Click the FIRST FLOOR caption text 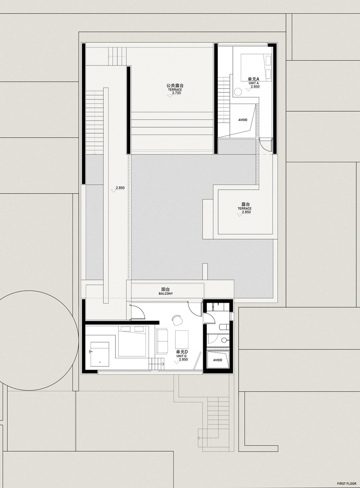point(346,482)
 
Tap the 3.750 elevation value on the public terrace point(176,93)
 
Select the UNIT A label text point(254,83)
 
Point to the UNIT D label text point(181,356)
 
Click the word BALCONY point(166,293)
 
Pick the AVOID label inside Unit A point(243,120)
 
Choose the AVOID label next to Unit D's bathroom point(217,360)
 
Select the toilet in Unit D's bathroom point(224,326)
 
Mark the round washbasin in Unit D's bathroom point(224,340)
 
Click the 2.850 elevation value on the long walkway point(120,188)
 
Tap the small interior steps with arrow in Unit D point(157,364)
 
